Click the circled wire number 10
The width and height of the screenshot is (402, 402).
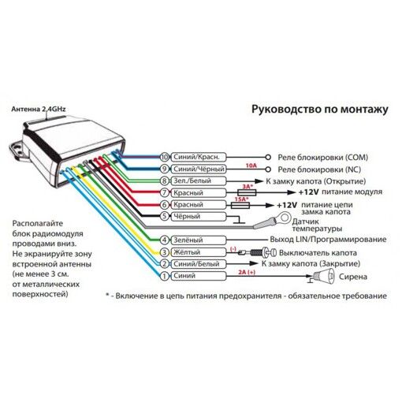(x=165, y=157)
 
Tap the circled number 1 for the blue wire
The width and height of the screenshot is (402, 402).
(x=165, y=276)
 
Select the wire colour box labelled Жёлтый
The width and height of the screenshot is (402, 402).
(x=199, y=252)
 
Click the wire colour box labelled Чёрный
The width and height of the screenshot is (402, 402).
(x=199, y=217)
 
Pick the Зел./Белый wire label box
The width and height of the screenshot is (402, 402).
(x=199, y=181)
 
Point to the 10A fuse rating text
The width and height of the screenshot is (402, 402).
(x=251, y=166)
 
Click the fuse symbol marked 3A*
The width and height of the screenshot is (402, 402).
(x=247, y=192)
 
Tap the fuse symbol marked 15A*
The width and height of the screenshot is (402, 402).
(x=240, y=205)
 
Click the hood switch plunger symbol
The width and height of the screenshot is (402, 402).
(x=258, y=253)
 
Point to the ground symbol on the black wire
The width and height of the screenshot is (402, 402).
(x=239, y=221)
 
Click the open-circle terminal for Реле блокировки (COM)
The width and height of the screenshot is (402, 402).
(x=268, y=157)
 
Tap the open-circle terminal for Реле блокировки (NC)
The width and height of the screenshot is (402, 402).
(x=268, y=169)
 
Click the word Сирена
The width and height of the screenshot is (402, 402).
(x=353, y=277)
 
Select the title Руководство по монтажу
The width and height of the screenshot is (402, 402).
(x=320, y=109)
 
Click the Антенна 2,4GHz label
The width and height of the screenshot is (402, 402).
(x=39, y=109)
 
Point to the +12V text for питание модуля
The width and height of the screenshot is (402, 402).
(x=309, y=192)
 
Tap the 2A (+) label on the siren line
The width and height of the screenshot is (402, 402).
(x=247, y=272)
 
